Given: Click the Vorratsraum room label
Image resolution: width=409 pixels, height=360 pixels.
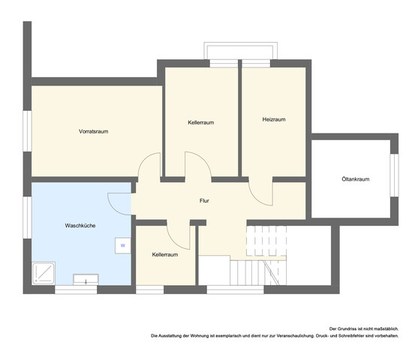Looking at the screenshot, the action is click(93, 131).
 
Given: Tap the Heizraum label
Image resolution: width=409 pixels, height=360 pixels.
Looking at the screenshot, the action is click(274, 119).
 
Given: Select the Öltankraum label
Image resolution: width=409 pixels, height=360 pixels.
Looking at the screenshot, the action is click(356, 179).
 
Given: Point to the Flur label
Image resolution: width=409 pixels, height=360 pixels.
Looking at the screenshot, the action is click(204, 201).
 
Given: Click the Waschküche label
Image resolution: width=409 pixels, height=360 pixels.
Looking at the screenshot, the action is click(80, 226).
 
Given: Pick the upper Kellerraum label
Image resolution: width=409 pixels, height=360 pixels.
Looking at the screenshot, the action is click(201, 122).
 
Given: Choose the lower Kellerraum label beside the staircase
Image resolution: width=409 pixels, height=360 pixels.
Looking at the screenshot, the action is click(165, 254).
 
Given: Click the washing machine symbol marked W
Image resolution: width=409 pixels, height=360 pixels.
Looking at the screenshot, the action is click(123, 245).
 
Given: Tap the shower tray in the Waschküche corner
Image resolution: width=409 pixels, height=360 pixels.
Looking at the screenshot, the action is click(44, 274).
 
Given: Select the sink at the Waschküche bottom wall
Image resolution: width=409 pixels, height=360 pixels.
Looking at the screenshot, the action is click(86, 280).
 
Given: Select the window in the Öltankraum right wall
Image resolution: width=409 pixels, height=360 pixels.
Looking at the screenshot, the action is click(395, 175).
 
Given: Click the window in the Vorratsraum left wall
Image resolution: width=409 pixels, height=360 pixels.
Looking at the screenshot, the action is click(27, 131).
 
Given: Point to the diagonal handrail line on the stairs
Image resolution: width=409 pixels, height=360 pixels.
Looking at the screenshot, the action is click(271, 272).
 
